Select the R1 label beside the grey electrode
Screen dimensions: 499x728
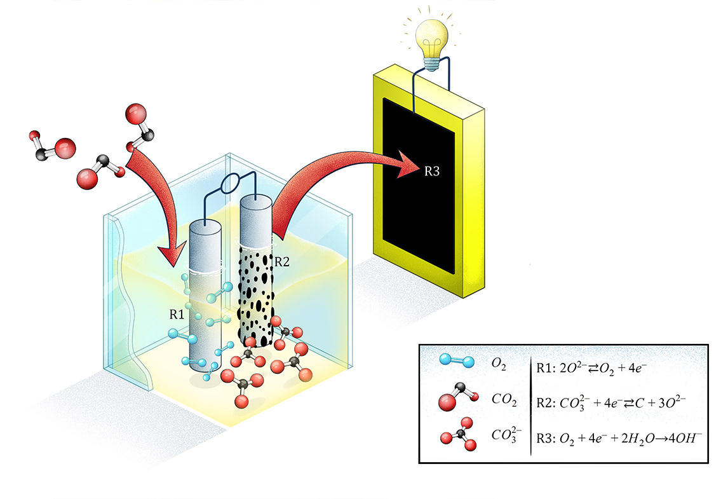(177, 313)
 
